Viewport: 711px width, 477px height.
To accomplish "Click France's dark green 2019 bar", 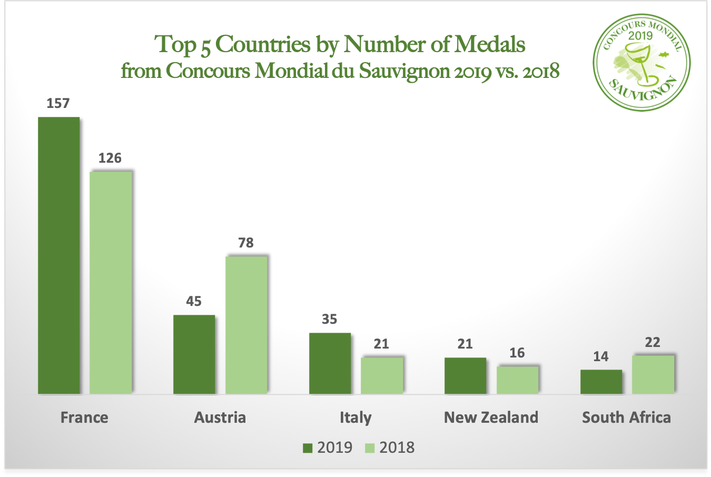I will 58,255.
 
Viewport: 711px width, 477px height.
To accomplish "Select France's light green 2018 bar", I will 111,282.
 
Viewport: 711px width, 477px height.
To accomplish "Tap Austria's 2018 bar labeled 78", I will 246,325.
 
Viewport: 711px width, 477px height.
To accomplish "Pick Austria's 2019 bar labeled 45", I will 194,354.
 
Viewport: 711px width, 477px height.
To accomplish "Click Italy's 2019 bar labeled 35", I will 330,363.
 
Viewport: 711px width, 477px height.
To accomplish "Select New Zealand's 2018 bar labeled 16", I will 517,380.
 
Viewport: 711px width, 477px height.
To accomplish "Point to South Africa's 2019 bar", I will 601,382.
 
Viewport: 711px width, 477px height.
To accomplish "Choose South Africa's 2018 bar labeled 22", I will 653,374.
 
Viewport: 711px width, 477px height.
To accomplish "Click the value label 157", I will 58,103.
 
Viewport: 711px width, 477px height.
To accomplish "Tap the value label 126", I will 110,158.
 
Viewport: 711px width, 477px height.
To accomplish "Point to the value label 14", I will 600,356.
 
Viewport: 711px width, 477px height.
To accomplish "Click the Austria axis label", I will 220,418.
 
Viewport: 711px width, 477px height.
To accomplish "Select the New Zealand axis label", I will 491,418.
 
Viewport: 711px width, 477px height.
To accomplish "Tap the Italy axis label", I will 355,418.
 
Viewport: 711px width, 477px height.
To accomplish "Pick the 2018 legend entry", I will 390,448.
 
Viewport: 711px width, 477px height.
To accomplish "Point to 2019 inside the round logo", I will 640,36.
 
